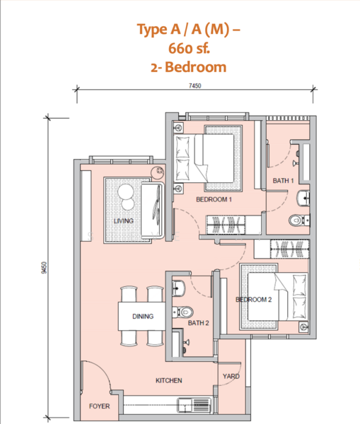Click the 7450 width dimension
195,86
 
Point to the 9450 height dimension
45,267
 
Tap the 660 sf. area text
189,48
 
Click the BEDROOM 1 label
214,199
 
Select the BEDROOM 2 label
254,300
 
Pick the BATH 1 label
283,181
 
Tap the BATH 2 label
199,323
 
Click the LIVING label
124,221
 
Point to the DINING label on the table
143,317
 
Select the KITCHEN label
169,380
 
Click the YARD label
231,376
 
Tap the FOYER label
99,406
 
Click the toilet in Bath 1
299,220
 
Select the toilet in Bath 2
182,312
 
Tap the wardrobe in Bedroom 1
226,225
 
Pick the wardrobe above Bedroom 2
290,249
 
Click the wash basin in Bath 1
303,198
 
